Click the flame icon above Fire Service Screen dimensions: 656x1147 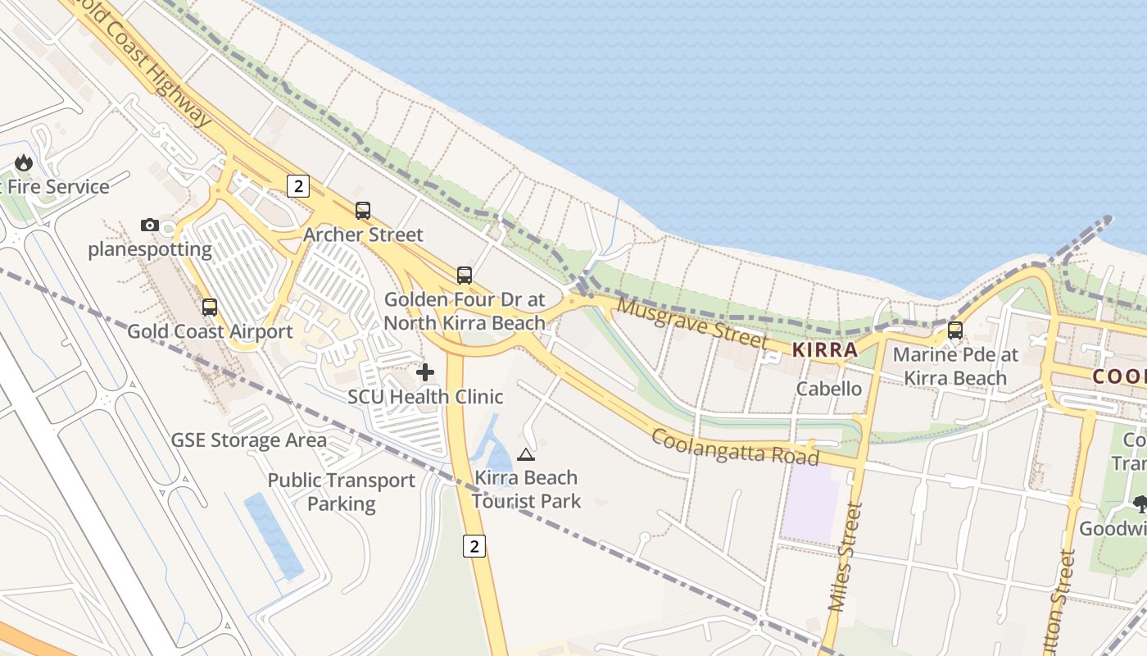(x=24, y=162)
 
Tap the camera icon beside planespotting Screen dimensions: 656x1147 (x=149, y=225)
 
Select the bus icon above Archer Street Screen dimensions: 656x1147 (x=363, y=211)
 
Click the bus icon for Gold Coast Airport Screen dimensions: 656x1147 (x=210, y=307)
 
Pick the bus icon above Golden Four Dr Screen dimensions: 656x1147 (x=465, y=275)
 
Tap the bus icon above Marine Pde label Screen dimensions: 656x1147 (x=955, y=330)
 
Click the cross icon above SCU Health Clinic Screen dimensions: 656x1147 (x=425, y=373)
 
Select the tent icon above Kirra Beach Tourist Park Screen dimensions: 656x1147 (x=526, y=454)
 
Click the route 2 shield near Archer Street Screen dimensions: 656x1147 (x=298, y=186)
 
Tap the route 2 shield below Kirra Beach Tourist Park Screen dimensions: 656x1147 (x=474, y=545)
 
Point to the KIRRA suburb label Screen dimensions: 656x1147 (x=824, y=350)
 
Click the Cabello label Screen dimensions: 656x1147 (x=829, y=389)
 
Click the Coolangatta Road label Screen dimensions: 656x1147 (x=734, y=445)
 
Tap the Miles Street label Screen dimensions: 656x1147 (x=846, y=558)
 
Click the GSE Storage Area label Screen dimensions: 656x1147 (x=248, y=440)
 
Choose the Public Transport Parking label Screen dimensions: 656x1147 (x=342, y=492)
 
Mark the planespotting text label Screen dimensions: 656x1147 (x=150, y=249)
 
